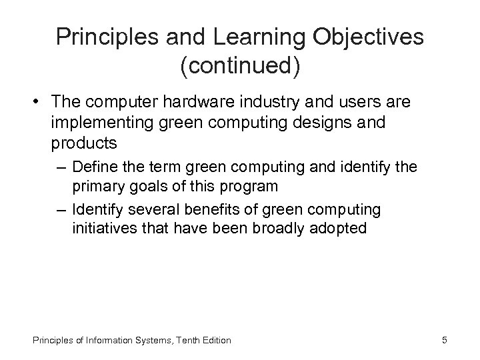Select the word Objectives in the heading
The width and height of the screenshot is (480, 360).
coord(371,38)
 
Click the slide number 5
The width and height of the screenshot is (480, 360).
coord(444,340)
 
